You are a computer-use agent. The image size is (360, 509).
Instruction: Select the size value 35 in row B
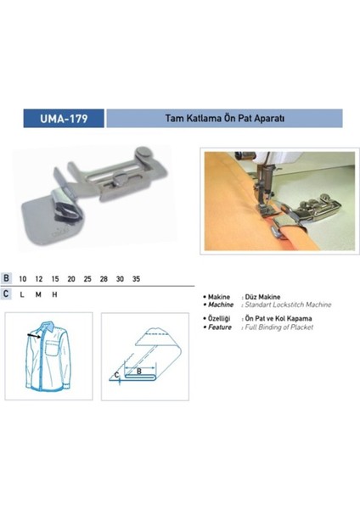(x=138, y=277)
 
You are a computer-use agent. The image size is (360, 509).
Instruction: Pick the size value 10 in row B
(x=22, y=277)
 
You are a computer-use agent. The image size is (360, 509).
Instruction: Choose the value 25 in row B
(x=87, y=277)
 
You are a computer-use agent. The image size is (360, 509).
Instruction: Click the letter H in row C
(x=55, y=294)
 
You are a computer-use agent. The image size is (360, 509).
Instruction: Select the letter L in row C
(x=21, y=294)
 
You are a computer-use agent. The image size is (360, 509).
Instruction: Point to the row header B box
(x=7, y=277)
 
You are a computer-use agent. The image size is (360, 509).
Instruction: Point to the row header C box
(x=7, y=294)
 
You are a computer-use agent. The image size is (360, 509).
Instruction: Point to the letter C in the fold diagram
(x=116, y=373)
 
